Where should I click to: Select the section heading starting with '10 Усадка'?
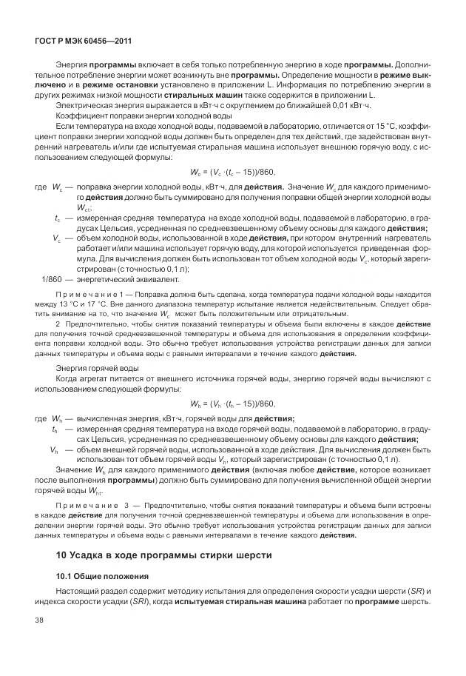point(165,555)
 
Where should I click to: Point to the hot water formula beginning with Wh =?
point(232,404)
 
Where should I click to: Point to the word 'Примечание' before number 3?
point(80,505)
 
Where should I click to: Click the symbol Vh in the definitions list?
point(55,449)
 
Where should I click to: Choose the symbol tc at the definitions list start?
point(58,218)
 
